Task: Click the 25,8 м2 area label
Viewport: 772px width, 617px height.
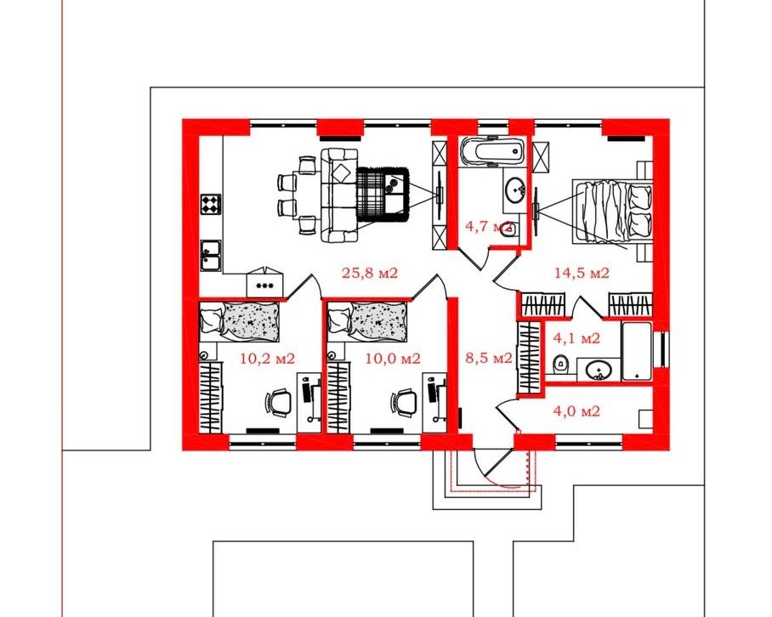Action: [369, 273]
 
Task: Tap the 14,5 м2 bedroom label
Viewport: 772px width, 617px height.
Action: [582, 273]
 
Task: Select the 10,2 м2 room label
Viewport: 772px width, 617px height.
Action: [267, 359]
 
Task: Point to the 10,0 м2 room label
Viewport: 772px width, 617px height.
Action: [393, 359]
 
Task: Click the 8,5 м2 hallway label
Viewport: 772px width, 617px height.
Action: [489, 358]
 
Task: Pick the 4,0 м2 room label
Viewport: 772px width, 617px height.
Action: [576, 410]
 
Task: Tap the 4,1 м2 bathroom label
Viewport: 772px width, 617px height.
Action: [576, 338]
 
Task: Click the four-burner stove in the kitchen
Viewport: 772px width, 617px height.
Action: [211, 204]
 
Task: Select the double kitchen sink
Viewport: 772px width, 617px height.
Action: [211, 255]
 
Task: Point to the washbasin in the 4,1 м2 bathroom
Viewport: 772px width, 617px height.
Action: [599, 370]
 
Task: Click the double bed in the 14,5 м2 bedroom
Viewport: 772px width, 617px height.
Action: [612, 212]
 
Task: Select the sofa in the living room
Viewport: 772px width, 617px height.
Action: [339, 195]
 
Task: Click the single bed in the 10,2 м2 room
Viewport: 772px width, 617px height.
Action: [240, 322]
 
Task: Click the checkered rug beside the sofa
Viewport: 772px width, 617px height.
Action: [383, 195]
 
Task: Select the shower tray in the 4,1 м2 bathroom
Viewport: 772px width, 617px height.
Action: [637, 351]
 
